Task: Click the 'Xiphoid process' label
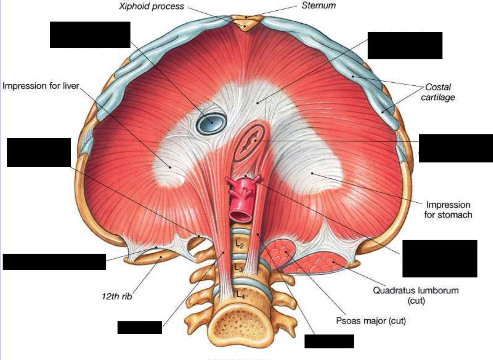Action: pyautogui.click(x=151, y=6)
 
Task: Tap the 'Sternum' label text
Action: pyautogui.click(x=319, y=6)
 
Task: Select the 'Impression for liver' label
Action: pyautogui.click(x=41, y=86)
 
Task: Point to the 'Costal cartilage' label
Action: pyautogui.click(x=438, y=92)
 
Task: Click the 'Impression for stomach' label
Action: pyautogui.click(x=448, y=210)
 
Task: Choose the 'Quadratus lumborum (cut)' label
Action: pyautogui.click(x=415, y=295)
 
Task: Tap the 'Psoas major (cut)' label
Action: pyautogui.click(x=371, y=320)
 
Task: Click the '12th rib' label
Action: pyautogui.click(x=116, y=296)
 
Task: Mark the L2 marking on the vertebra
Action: pyautogui.click(x=239, y=244)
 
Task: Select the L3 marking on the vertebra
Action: pyautogui.click(x=239, y=268)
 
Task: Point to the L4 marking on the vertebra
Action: pyautogui.click(x=241, y=295)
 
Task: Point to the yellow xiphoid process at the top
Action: pyautogui.click(x=245, y=25)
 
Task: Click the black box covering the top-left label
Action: pyautogui.click(x=90, y=35)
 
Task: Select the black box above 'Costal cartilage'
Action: pyautogui.click(x=405, y=45)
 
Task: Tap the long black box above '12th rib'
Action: pyautogui.click(x=54, y=262)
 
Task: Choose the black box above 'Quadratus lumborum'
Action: pyautogui.click(x=439, y=258)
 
